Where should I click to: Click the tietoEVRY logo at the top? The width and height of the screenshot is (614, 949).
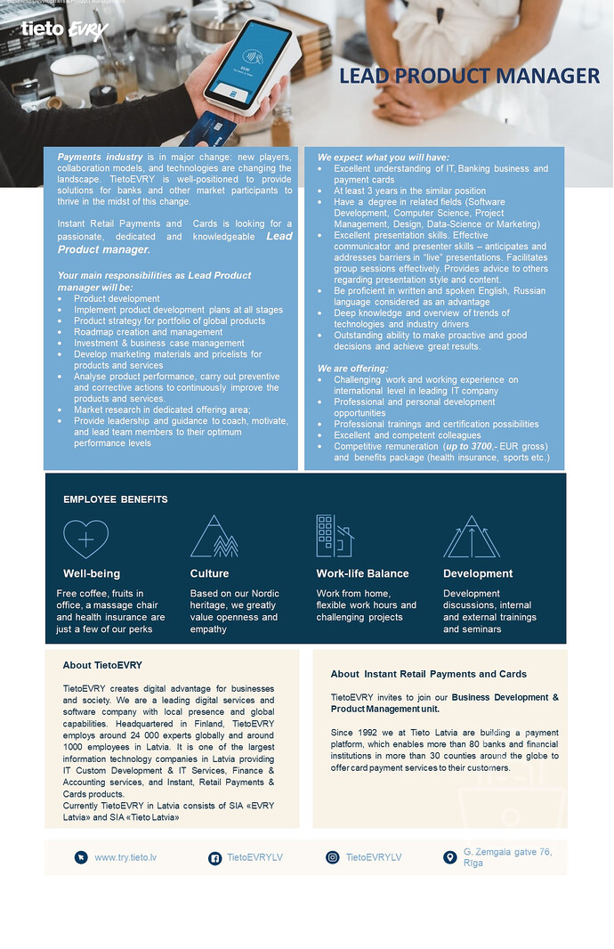[x=64, y=29]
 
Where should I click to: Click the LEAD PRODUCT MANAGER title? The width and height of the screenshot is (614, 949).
[x=469, y=77]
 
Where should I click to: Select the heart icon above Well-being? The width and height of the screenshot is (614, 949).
[x=85, y=538]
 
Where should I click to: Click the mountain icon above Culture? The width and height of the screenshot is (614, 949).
[x=214, y=536]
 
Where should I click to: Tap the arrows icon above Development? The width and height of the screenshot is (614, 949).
[x=471, y=536]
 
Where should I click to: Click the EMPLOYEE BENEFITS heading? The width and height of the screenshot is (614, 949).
[x=115, y=499]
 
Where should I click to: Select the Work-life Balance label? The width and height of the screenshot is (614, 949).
[x=362, y=573]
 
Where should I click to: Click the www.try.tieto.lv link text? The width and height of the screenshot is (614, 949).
[x=125, y=857]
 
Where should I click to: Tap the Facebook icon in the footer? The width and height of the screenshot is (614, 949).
[x=214, y=857]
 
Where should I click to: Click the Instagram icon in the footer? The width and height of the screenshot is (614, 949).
[x=333, y=857]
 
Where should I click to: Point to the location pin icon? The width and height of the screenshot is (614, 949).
[x=449, y=857]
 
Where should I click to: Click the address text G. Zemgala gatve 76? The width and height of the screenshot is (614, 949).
[x=507, y=852]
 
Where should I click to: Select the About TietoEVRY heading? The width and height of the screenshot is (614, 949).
[x=102, y=665]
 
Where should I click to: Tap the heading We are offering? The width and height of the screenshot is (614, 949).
[x=353, y=369]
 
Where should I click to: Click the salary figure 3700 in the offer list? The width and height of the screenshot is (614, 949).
[x=481, y=446]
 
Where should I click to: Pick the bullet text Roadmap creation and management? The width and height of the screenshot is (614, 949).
[x=148, y=332]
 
